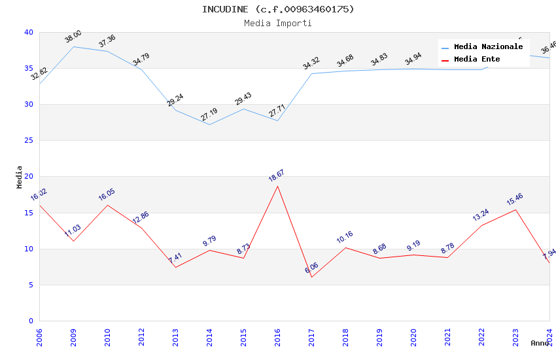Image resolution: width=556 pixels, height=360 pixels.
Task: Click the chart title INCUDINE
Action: [x=278, y=9]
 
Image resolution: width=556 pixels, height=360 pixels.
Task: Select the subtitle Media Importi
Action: [x=278, y=23]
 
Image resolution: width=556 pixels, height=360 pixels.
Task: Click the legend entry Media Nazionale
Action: [x=488, y=47]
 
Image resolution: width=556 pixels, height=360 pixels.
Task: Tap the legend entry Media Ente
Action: [x=477, y=60]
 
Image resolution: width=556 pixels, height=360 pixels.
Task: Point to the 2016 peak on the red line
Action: [x=277, y=186]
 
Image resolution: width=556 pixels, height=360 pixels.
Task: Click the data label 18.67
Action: [x=276, y=175]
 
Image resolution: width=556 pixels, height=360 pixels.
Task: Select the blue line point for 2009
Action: [x=73, y=46]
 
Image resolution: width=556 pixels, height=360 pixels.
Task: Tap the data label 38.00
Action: [x=73, y=36]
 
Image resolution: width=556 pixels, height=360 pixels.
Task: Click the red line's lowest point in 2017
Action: [x=311, y=277]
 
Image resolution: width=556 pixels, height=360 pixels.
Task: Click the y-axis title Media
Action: [x=20, y=177]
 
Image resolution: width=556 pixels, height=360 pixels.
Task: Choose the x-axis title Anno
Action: [x=540, y=343]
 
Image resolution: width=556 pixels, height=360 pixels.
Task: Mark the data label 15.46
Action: [x=515, y=199]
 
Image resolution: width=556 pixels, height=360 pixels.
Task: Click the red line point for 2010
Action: [x=107, y=205]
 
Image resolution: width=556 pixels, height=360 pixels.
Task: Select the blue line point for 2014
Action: [x=209, y=124]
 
